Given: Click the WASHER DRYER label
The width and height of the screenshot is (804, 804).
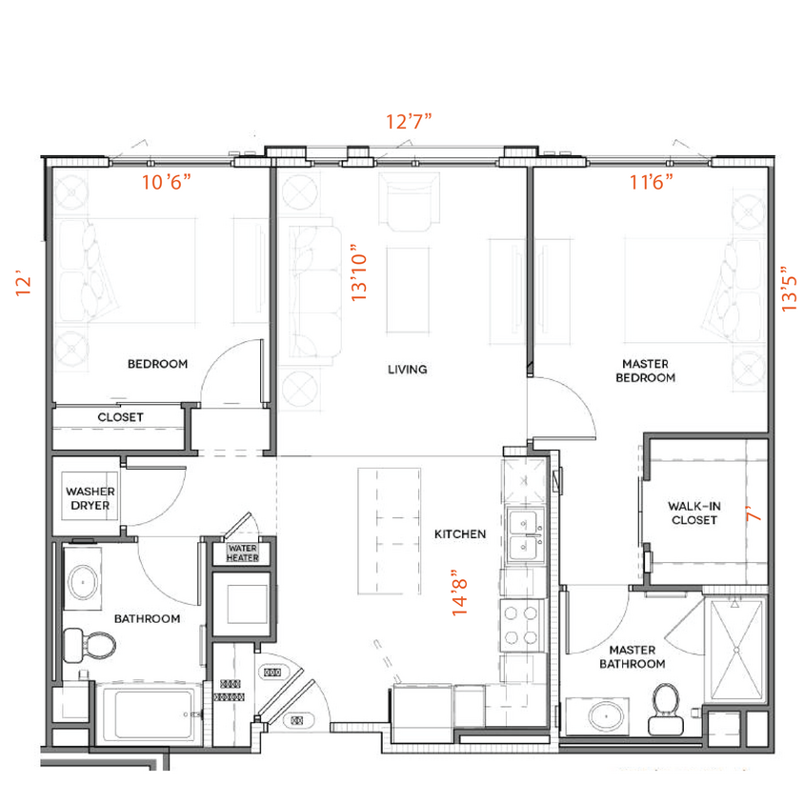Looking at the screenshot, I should click(90, 498).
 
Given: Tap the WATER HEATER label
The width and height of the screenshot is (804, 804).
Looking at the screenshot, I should click(242, 553).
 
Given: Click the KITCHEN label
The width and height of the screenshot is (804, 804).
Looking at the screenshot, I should click(460, 534).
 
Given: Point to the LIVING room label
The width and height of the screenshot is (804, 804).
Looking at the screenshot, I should click(407, 369).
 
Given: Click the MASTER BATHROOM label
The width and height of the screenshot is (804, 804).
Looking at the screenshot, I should click(632, 656).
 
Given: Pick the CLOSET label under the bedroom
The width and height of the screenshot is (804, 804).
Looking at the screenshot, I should click(121, 417).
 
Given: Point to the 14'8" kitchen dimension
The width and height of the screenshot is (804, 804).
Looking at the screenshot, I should click(461, 593).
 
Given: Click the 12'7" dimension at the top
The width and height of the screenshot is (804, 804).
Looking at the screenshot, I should click(410, 121).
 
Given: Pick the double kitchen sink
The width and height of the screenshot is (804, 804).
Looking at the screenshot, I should click(523, 534).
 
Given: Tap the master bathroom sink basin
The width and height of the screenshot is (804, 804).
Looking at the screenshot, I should click(604, 714).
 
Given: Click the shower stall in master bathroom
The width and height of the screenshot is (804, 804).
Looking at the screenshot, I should click(734, 649).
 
